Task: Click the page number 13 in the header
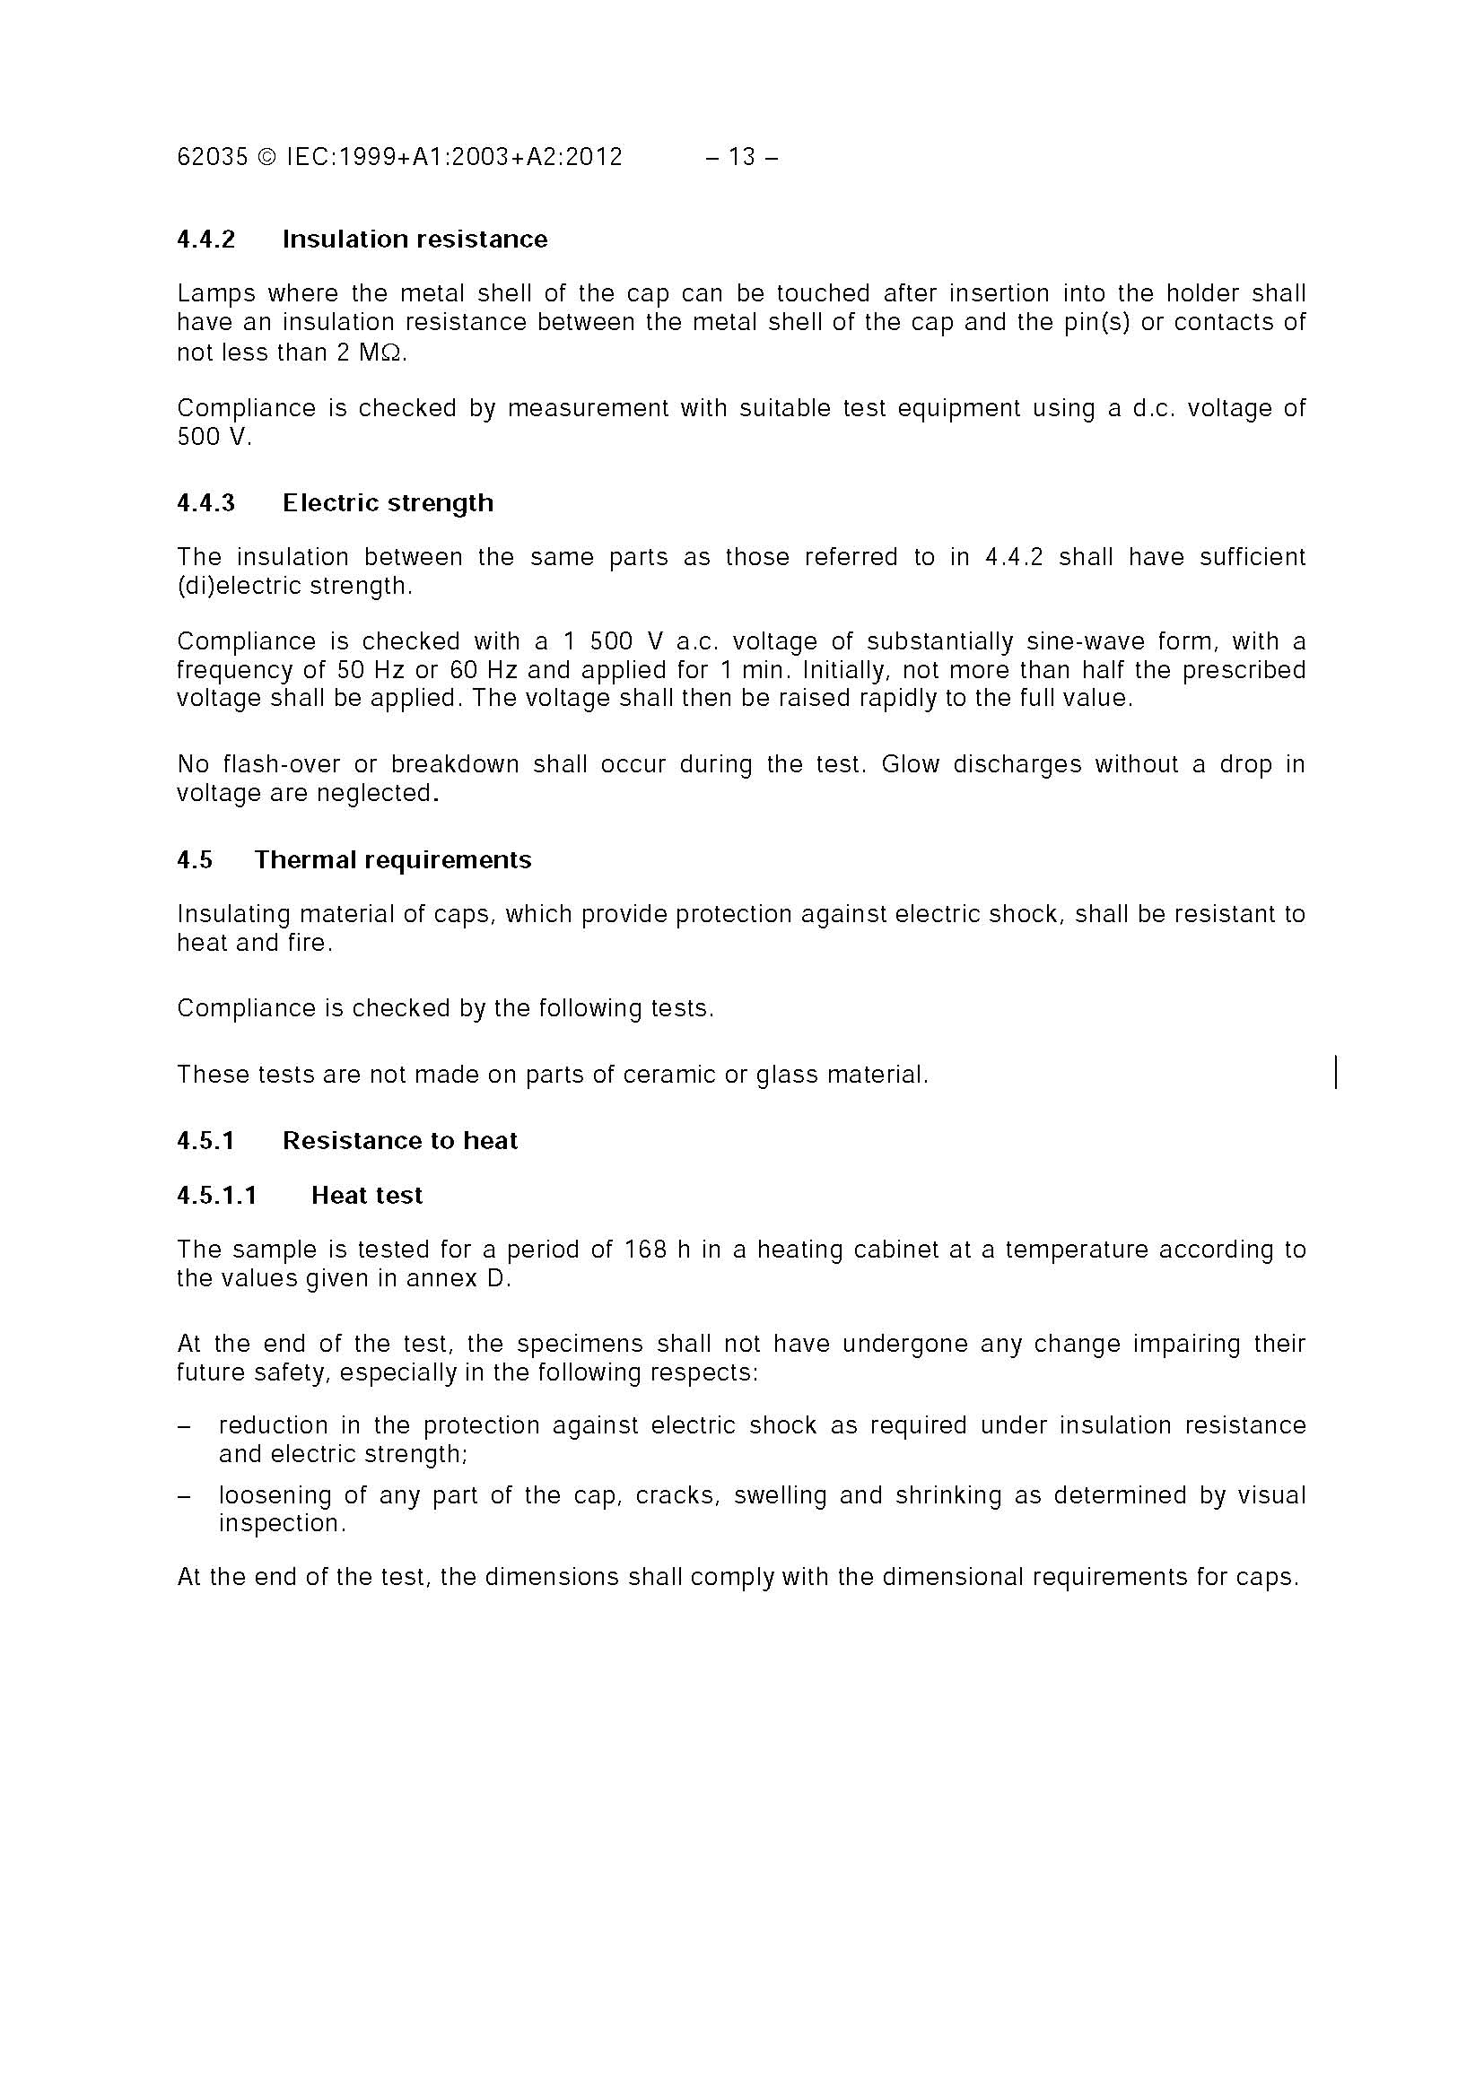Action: [741, 157]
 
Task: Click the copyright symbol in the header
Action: [267, 157]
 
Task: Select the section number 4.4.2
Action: [205, 240]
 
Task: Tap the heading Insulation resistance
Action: [415, 240]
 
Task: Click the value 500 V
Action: [213, 437]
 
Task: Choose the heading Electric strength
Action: [388, 503]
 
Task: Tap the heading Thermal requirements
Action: [392, 860]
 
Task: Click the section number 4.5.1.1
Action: [217, 1196]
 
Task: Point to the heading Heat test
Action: [367, 1196]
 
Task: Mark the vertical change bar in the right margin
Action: [1336, 1071]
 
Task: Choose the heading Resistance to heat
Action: [399, 1141]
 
